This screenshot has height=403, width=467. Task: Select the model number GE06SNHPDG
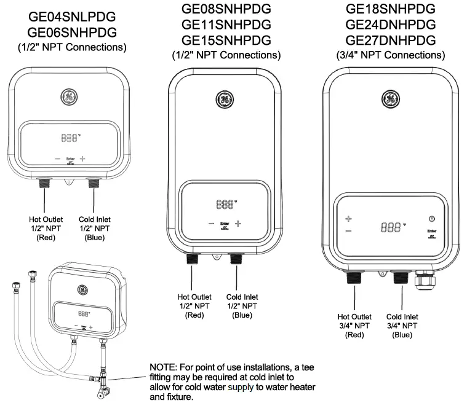click(x=72, y=32)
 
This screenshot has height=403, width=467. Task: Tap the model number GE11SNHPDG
click(x=226, y=25)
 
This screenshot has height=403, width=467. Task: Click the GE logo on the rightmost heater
click(x=391, y=98)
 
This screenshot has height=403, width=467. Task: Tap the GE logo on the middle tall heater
click(x=225, y=100)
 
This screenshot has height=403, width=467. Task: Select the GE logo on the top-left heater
click(x=69, y=97)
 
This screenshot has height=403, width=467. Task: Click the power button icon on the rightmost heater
click(x=431, y=219)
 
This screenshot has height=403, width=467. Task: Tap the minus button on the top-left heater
click(x=57, y=158)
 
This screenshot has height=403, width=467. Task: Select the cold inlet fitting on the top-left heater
click(x=94, y=183)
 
